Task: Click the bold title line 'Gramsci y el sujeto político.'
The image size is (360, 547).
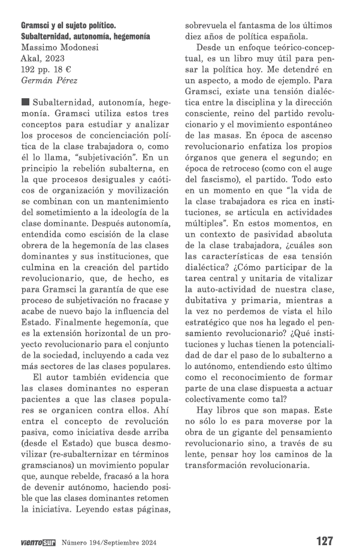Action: pyautogui.click(x=68, y=26)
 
